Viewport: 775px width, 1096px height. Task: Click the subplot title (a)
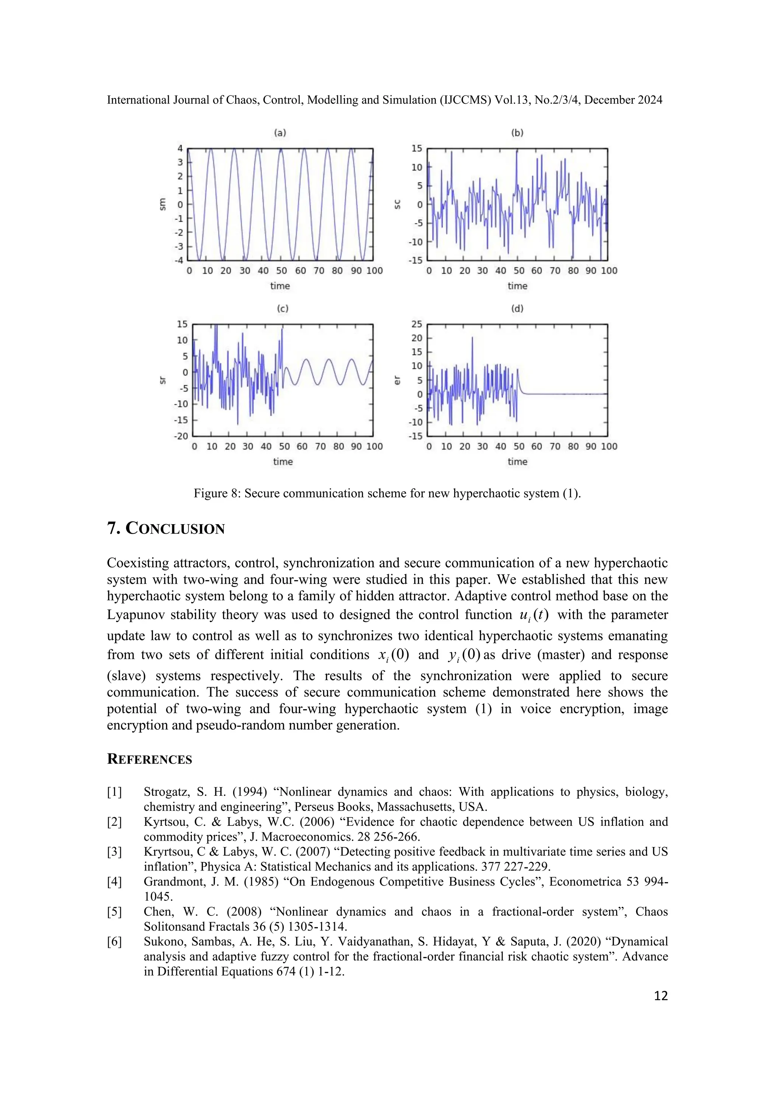(x=280, y=133)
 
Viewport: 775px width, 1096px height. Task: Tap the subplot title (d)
(x=517, y=309)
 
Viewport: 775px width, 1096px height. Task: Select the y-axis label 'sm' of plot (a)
(x=162, y=204)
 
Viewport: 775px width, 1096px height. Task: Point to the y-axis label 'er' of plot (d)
(x=397, y=380)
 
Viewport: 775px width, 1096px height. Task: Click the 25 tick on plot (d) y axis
(x=417, y=324)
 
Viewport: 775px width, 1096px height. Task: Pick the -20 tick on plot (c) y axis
(x=181, y=436)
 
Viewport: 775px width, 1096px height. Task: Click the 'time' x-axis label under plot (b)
(x=517, y=286)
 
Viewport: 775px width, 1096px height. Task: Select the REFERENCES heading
(x=149, y=760)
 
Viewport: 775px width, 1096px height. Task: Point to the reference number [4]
(x=115, y=882)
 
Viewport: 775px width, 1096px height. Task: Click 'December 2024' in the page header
(x=623, y=100)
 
